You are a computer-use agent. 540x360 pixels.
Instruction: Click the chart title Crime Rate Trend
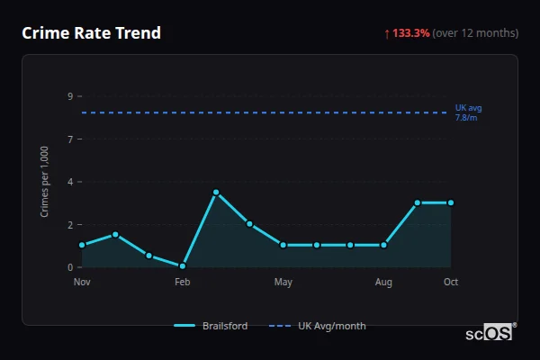pyautogui.click(x=91, y=33)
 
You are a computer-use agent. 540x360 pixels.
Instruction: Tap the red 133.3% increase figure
pyautogui.click(x=410, y=33)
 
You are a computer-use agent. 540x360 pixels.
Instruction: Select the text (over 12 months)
pyautogui.click(x=475, y=33)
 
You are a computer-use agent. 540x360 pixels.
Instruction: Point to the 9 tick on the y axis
pyautogui.click(x=69, y=96)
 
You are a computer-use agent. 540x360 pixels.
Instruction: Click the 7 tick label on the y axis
pyautogui.click(x=69, y=139)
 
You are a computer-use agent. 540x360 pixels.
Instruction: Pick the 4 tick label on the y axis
pyautogui.click(x=69, y=182)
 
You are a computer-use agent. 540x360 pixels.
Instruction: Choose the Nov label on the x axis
pyautogui.click(x=82, y=283)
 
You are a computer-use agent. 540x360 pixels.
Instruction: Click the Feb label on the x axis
pyautogui.click(x=182, y=283)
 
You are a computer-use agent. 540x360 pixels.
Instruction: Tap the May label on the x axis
pyautogui.click(x=283, y=283)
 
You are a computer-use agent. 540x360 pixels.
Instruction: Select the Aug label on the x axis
pyautogui.click(x=383, y=283)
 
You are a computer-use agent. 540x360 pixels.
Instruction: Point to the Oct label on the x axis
pyautogui.click(x=451, y=283)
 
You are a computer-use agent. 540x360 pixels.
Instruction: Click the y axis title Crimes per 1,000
pyautogui.click(x=45, y=182)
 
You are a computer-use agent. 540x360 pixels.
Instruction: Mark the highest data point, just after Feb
pyautogui.click(x=216, y=192)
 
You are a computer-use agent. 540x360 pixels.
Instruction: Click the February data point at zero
pyautogui.click(x=182, y=266)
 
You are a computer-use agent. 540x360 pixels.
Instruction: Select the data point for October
pyautogui.click(x=451, y=202)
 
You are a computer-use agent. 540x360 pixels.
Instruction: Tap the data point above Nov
pyautogui.click(x=82, y=245)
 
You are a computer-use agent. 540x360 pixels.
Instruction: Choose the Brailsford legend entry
pyautogui.click(x=211, y=326)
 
